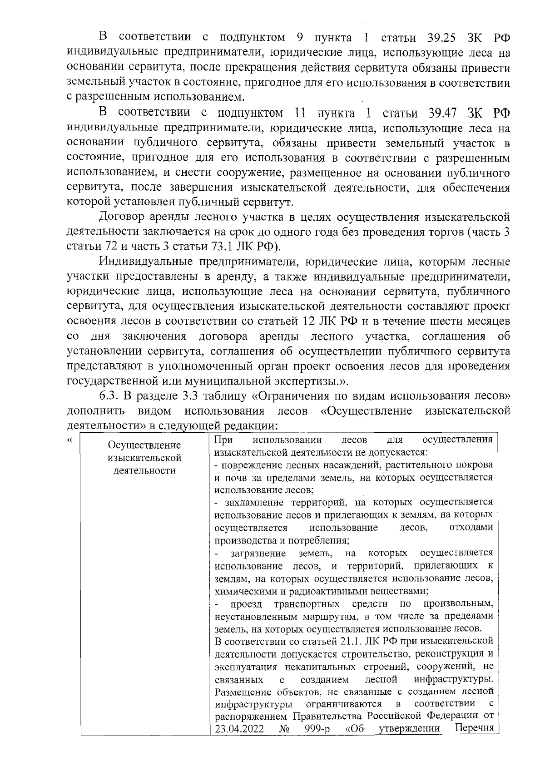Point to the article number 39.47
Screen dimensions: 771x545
tap(444, 113)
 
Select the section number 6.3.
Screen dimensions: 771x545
tap(109, 395)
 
